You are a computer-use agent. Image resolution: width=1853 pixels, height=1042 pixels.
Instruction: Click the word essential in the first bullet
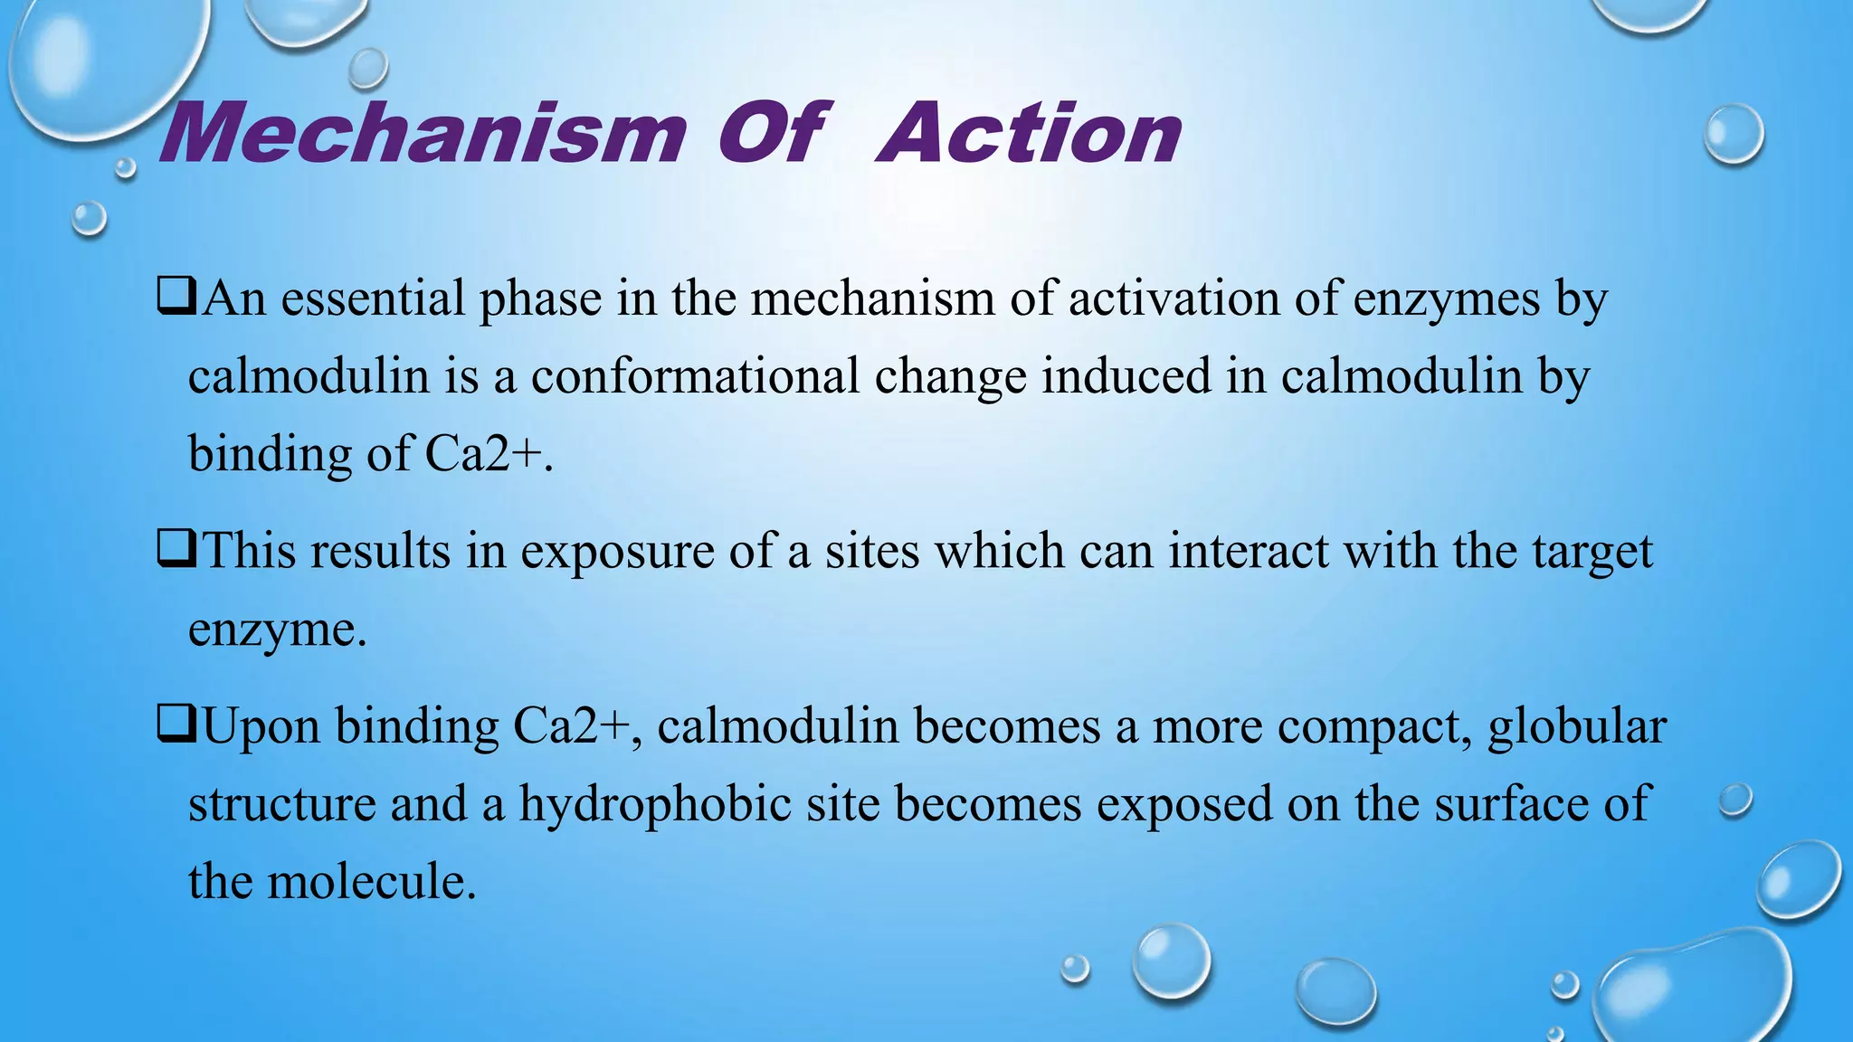pyautogui.click(x=373, y=298)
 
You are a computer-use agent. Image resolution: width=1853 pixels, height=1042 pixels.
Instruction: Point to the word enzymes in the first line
pyautogui.click(x=1446, y=299)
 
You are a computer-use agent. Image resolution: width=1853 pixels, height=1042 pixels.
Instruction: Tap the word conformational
pyautogui.click(x=695, y=375)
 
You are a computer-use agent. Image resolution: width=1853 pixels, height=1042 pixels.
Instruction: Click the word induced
pyautogui.click(x=1126, y=375)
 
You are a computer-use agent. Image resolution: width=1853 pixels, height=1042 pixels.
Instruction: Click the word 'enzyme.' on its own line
pyautogui.click(x=277, y=630)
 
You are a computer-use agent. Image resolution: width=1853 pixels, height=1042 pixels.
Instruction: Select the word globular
pyautogui.click(x=1577, y=726)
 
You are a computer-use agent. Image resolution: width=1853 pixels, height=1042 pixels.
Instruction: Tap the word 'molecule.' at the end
pyautogui.click(x=371, y=881)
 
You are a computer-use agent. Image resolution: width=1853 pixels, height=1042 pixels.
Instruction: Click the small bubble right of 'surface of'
pyautogui.click(x=1735, y=800)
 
